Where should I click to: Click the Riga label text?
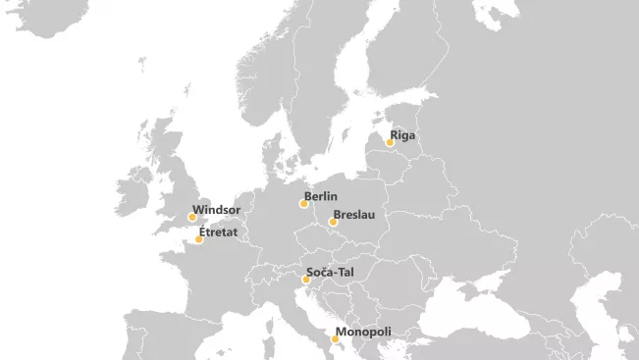[x=404, y=135]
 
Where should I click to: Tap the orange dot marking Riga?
[x=390, y=143]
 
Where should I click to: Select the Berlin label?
[x=321, y=197]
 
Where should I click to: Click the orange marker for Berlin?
[x=304, y=204]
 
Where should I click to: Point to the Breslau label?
[x=353, y=214]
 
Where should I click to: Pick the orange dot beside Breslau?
[x=333, y=222]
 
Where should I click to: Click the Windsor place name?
[x=217, y=210]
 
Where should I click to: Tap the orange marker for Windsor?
[x=192, y=217]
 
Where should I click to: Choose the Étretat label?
[x=220, y=232]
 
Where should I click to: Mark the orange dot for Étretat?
[x=199, y=239]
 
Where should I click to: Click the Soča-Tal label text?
[x=330, y=272]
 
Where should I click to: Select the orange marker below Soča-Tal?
[x=306, y=280]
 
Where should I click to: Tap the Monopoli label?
[x=363, y=333]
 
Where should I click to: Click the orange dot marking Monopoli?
[x=335, y=339]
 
